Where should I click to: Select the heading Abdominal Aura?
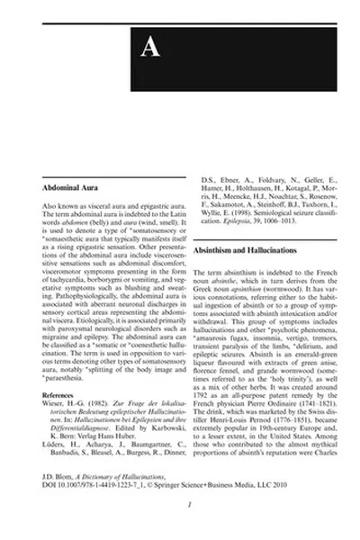point(69,190)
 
